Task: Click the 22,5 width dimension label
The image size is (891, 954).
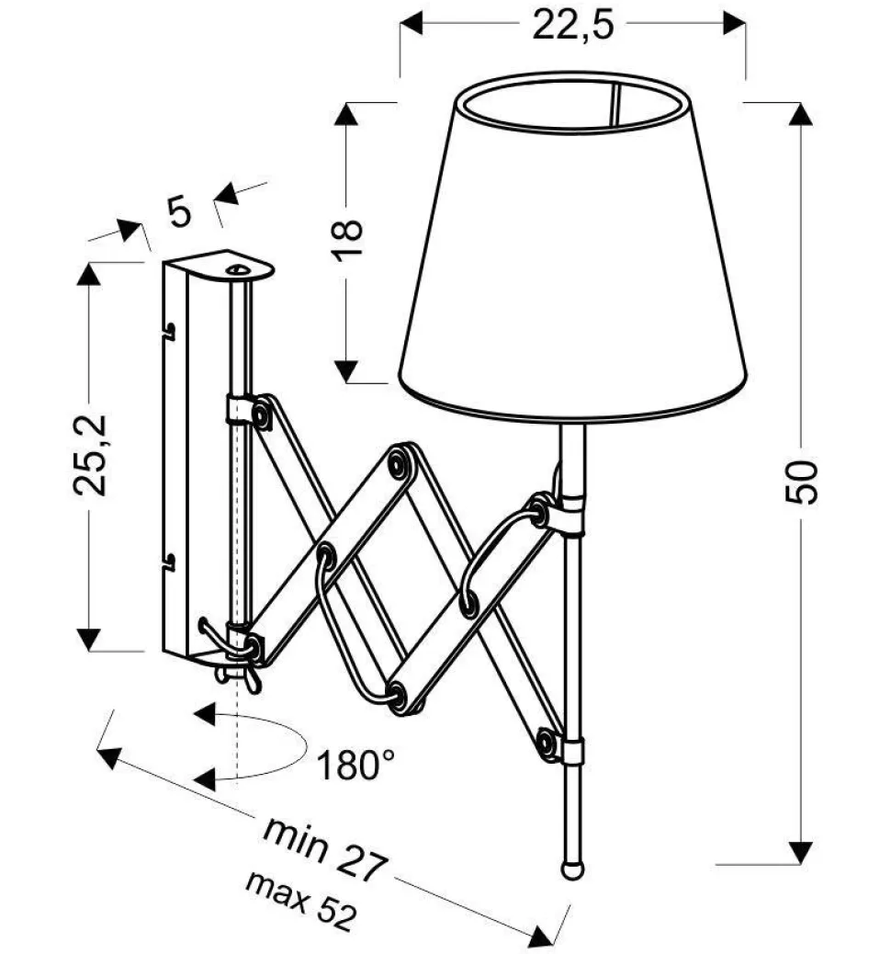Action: pos(573,26)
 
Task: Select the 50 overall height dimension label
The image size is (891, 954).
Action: pos(801,482)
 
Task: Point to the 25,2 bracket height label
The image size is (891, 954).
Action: pos(91,455)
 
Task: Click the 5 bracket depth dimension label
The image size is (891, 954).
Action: pos(179,211)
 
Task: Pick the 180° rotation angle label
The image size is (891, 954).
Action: pos(355,765)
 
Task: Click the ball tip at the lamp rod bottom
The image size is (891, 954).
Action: pos(572,868)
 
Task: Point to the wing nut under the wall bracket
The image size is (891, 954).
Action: pos(239,675)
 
